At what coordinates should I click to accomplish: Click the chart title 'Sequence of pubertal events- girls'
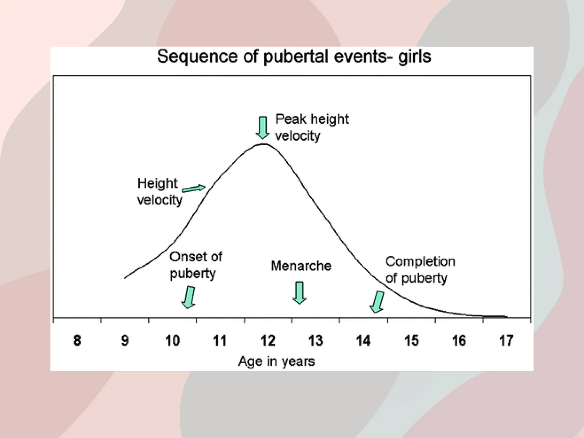(294, 57)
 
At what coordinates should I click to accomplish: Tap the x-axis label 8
(77, 340)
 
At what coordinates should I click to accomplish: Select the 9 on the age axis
(125, 340)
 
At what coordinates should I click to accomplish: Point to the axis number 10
(173, 340)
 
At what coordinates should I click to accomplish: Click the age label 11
(220, 340)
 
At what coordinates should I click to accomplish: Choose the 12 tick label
(268, 340)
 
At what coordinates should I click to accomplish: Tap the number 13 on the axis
(316, 340)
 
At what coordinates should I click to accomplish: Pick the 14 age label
(363, 340)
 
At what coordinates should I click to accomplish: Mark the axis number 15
(411, 340)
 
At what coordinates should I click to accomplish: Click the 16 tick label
(459, 340)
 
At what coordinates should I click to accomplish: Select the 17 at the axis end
(506, 340)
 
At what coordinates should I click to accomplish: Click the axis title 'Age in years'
(276, 361)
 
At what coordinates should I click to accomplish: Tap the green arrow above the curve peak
(263, 127)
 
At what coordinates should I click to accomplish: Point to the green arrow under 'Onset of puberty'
(189, 297)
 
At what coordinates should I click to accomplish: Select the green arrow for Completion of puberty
(377, 302)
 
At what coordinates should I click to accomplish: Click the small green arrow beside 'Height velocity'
(194, 188)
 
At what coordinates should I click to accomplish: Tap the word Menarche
(301, 266)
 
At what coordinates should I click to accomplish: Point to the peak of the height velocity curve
(263, 144)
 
